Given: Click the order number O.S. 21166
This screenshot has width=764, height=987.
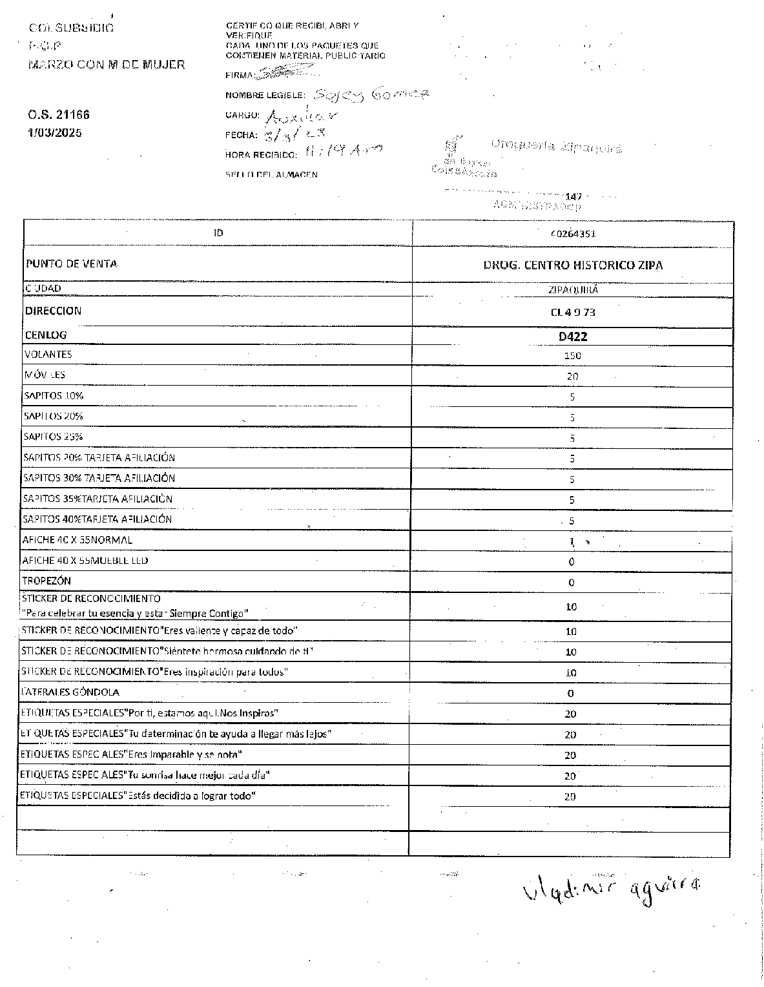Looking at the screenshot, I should pos(59,115).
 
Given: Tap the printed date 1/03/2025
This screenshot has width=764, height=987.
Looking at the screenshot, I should pos(55,133).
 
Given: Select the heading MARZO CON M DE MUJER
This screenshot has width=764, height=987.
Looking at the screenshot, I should pos(107,65).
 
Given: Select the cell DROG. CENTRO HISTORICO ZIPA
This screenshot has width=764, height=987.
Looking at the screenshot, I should pos(573,265).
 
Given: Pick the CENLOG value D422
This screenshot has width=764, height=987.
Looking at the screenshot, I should pos(573,337).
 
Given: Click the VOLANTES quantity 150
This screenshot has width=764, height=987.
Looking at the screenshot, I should pos(572,355).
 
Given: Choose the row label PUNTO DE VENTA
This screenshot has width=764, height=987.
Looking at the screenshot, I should pos(72,264).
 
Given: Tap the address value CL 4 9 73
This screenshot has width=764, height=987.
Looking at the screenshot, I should pos(572,312).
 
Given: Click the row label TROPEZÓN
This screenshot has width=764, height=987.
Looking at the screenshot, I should pos(46,581).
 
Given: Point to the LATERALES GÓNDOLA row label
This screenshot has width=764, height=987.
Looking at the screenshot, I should pos(70,692).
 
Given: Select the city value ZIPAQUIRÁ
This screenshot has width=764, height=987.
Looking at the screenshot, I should pos(572,290).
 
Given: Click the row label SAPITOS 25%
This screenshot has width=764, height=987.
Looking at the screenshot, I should pos(53,437).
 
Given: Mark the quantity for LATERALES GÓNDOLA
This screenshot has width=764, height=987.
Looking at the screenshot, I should pos(571,694).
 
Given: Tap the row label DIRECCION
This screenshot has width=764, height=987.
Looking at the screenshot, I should pos(54,311).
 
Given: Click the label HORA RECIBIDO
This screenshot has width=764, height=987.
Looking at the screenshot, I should pos(261,155).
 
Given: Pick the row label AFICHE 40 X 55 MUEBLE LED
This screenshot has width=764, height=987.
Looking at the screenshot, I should pos(85,560).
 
